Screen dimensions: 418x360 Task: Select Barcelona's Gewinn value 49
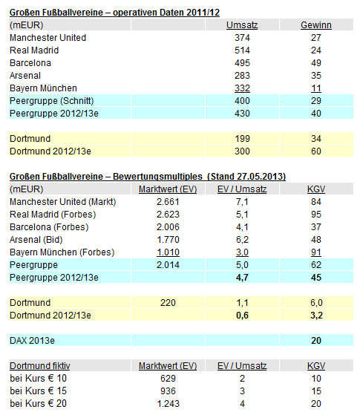tap(316, 63)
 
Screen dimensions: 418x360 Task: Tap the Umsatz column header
tap(242, 25)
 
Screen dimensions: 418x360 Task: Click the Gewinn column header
tap(316, 25)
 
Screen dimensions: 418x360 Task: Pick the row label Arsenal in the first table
tap(26, 76)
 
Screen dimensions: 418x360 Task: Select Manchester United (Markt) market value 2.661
tap(168, 203)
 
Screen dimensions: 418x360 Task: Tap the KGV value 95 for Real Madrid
tap(316, 215)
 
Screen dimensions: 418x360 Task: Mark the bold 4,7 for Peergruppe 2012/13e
tap(242, 278)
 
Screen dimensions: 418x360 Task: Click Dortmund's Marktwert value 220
tap(168, 303)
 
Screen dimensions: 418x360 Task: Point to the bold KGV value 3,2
tap(316, 316)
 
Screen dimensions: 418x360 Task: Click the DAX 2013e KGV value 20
tap(316, 341)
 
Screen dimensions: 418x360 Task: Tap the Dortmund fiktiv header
tap(37, 365)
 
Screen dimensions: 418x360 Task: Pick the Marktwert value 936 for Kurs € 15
tap(168, 391)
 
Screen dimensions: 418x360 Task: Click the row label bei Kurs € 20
tap(37, 404)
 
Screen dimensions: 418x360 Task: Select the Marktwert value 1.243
tap(168, 404)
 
